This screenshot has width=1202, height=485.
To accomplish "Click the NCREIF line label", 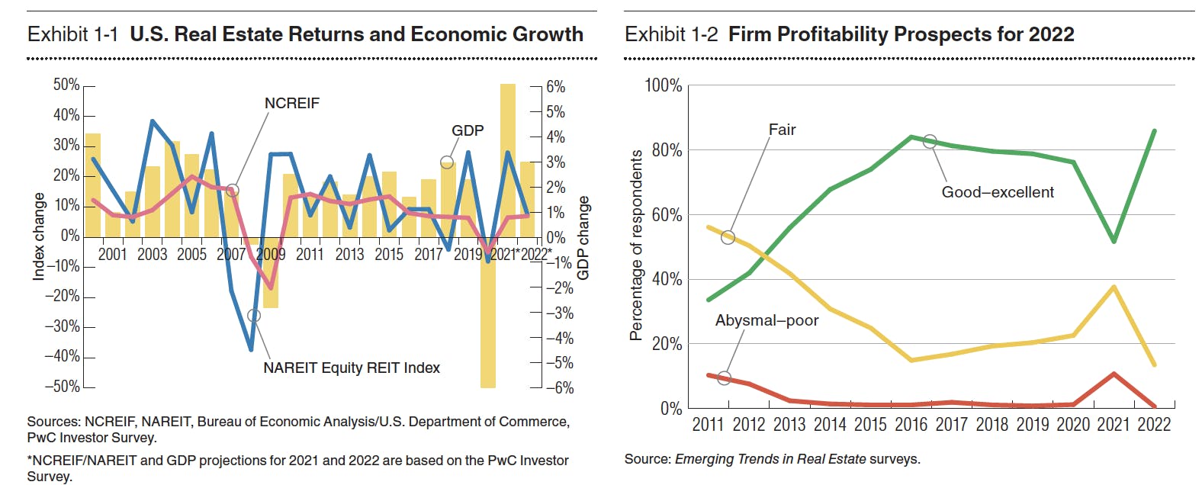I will (x=291, y=104).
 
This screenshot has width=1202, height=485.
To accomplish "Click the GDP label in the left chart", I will (x=467, y=131).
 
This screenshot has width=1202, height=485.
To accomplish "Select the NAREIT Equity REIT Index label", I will (x=351, y=368).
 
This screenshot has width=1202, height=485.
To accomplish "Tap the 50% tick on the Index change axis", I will (x=66, y=85).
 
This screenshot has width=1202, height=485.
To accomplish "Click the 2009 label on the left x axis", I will (x=270, y=255).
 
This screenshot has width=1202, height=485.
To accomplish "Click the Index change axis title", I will (x=38, y=236).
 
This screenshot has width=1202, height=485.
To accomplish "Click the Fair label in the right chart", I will (x=782, y=130).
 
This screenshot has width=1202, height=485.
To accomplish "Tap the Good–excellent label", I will (x=997, y=193).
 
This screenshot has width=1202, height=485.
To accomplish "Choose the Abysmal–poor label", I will (x=766, y=321).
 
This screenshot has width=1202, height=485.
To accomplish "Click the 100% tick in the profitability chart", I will (x=663, y=85).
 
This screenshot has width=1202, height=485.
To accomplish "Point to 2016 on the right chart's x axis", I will (x=911, y=425).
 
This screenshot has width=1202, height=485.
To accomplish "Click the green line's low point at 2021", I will (x=1114, y=241).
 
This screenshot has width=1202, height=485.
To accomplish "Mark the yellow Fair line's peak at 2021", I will (x=1114, y=287).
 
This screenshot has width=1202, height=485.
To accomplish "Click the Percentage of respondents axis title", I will (x=636, y=245).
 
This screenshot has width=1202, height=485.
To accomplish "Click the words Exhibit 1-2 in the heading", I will (x=670, y=35).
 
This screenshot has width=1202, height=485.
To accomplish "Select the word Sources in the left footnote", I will (x=53, y=422).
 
